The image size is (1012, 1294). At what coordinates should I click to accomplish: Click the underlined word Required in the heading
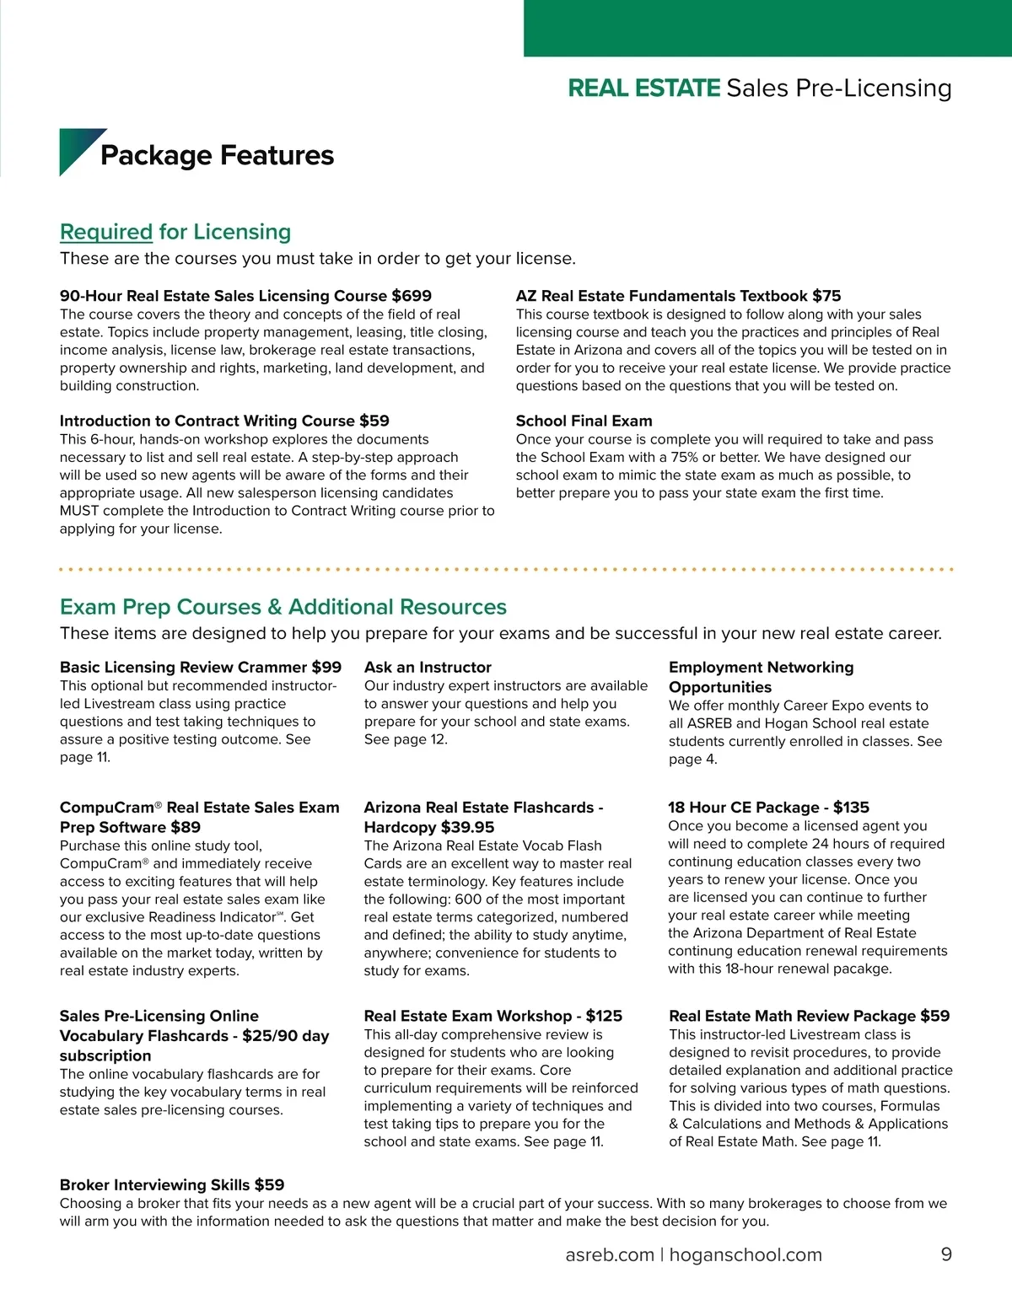(x=106, y=232)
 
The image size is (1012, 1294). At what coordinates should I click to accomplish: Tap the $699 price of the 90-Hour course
(x=412, y=296)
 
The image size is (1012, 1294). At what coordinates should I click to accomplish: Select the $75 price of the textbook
(x=826, y=296)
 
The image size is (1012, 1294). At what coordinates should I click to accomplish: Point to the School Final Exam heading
(x=584, y=421)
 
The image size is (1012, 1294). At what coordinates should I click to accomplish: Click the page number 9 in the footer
(x=946, y=1254)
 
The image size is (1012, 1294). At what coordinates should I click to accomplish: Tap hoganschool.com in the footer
(x=746, y=1254)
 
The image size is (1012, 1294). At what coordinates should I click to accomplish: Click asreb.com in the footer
(x=610, y=1254)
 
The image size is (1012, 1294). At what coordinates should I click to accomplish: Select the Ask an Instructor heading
(x=428, y=667)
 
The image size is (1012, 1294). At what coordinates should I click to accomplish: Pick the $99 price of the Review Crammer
(x=326, y=667)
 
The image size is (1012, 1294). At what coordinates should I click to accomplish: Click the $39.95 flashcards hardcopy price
(x=467, y=827)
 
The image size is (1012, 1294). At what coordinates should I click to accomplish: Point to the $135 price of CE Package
(x=851, y=807)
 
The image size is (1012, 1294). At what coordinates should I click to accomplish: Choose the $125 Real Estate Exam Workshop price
(x=604, y=1016)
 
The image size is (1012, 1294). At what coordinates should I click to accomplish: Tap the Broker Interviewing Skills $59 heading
(x=172, y=1184)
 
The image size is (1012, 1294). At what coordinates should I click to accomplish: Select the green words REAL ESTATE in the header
(x=644, y=88)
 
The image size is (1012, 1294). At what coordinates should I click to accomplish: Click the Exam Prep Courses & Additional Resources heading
(x=283, y=607)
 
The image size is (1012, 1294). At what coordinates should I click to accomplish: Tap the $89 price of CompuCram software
(x=186, y=827)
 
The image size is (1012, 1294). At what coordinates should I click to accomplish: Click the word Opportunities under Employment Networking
(x=720, y=687)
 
